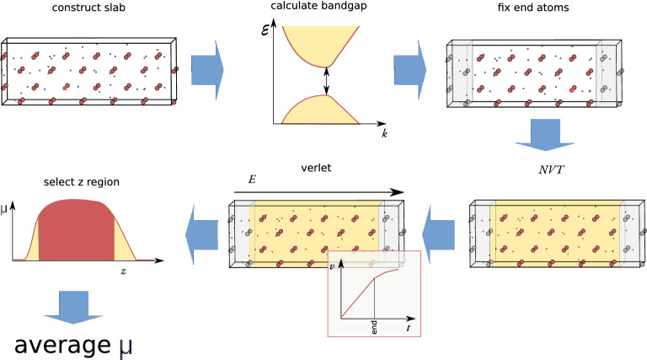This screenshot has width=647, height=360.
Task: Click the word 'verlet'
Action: coord(317,168)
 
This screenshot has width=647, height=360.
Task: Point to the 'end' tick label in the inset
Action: coord(374,325)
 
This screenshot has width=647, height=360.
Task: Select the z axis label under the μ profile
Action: coord(123,272)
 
